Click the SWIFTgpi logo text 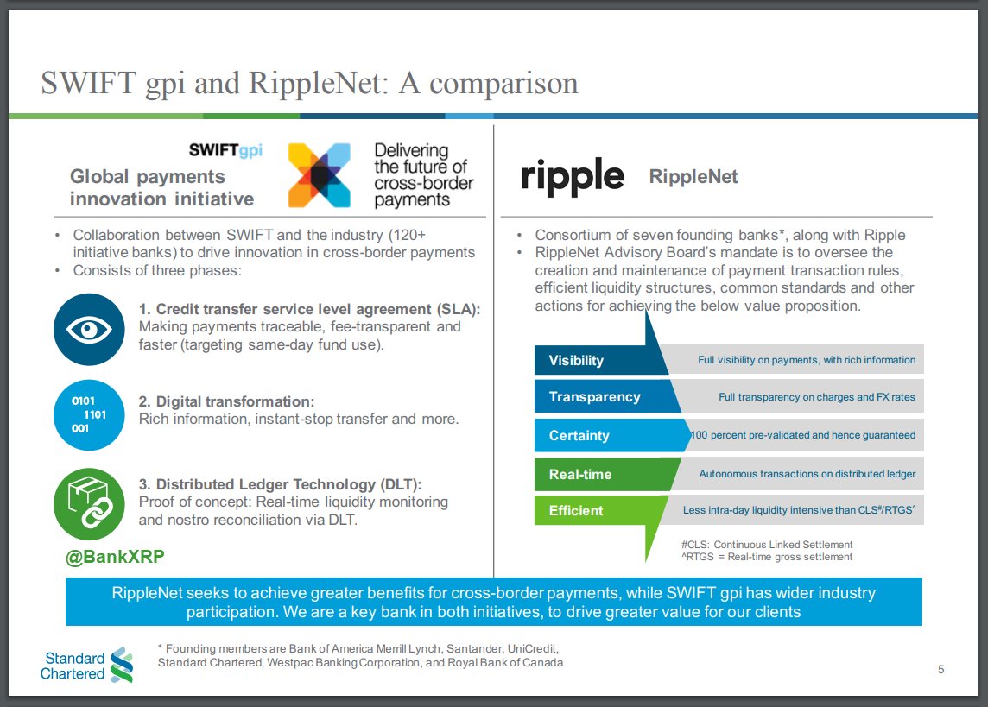click(x=225, y=150)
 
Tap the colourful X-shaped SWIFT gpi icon click(x=319, y=175)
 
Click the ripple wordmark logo click(x=573, y=176)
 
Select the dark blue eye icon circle click(x=89, y=330)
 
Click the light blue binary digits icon click(x=89, y=414)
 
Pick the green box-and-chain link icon click(x=89, y=503)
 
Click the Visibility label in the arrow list click(x=576, y=361)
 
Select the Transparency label click(x=594, y=397)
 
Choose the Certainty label click(x=579, y=436)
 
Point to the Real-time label click(x=579, y=474)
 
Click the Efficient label click(x=576, y=511)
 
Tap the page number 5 click(x=940, y=670)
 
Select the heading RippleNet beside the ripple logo click(x=693, y=177)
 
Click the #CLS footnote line click(x=766, y=545)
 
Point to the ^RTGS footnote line click(x=766, y=557)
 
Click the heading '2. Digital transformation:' click(x=226, y=402)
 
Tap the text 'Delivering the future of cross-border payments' click(x=423, y=175)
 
